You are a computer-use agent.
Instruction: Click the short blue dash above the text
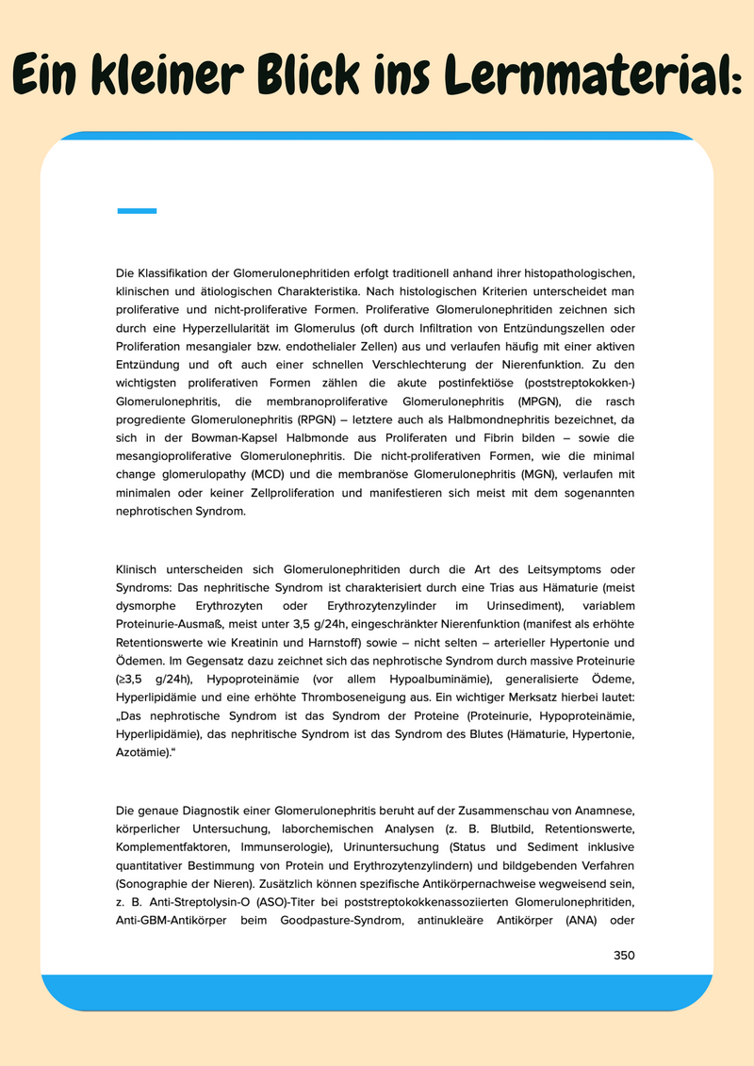click(x=137, y=211)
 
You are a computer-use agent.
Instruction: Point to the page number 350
click(x=624, y=955)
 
